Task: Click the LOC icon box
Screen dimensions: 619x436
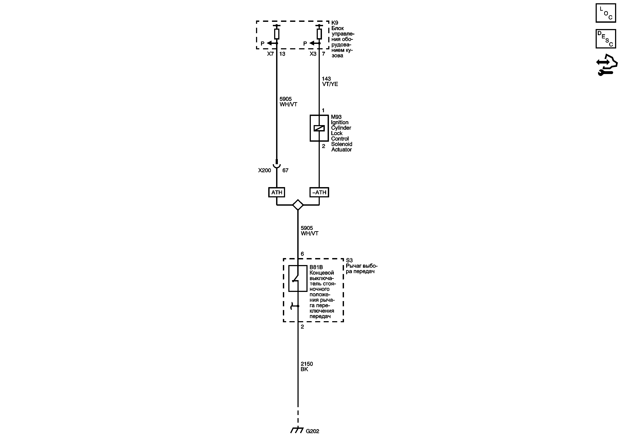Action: pos(605,13)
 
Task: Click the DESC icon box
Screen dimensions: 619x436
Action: pos(605,39)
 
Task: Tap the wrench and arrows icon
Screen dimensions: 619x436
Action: pos(607,65)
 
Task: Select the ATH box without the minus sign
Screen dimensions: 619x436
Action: pos(277,192)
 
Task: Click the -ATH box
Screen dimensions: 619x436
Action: pos(319,192)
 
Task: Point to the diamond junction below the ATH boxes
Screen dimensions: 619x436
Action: pos(298,205)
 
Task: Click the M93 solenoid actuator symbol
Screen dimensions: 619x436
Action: pos(319,128)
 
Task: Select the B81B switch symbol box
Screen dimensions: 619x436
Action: pos(298,279)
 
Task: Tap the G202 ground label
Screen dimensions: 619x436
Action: pos(313,431)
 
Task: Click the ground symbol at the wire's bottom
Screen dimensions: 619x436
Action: pos(297,430)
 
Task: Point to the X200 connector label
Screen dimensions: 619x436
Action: pos(265,171)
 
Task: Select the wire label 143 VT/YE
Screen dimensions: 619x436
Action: pos(330,81)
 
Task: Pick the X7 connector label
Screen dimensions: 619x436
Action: pos(270,54)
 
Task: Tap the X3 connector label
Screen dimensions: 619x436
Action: pos(313,54)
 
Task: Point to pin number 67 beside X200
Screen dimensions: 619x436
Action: pos(285,171)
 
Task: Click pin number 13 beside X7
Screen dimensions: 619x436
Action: pos(282,54)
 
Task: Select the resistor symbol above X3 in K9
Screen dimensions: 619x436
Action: pos(319,34)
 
